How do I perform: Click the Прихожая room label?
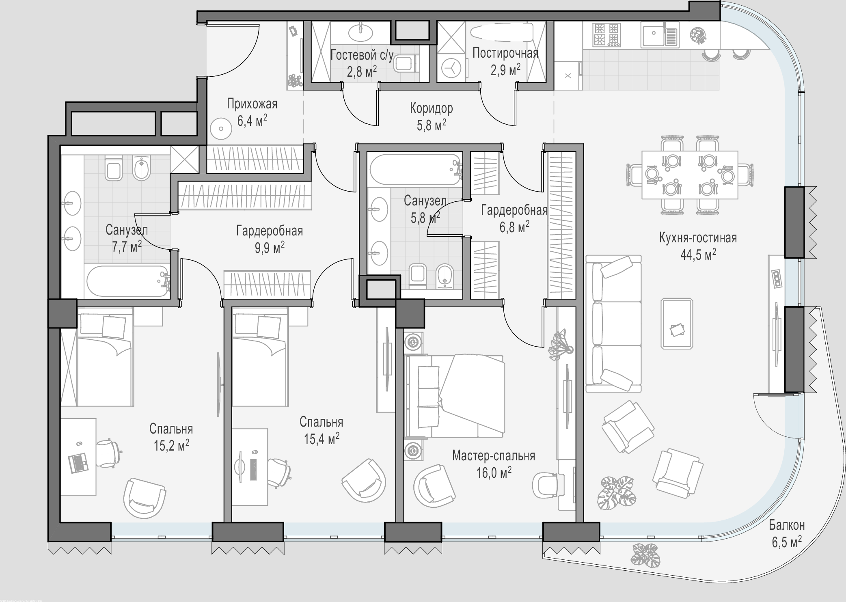(x=252, y=104)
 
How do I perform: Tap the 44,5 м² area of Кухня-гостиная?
(x=698, y=255)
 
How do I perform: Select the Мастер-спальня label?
(x=494, y=456)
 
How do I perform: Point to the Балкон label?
(x=787, y=525)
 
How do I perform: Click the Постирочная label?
(x=505, y=53)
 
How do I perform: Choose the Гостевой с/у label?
(x=362, y=55)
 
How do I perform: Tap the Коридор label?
(x=431, y=108)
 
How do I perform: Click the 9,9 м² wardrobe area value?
(x=270, y=247)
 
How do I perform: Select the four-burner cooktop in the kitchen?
(x=606, y=34)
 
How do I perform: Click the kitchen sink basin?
(x=653, y=35)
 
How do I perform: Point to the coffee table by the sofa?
(x=677, y=324)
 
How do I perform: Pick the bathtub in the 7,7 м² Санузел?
(x=127, y=281)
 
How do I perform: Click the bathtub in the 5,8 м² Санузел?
(x=415, y=169)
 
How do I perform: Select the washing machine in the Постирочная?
(x=451, y=68)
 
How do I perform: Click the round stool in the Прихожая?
(x=221, y=129)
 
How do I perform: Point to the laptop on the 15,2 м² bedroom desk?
(x=79, y=463)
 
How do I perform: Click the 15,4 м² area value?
(x=322, y=439)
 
